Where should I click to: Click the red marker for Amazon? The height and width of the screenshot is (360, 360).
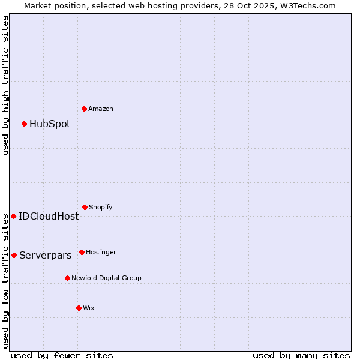point(84,109)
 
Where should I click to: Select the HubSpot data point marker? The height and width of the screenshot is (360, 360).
point(24,124)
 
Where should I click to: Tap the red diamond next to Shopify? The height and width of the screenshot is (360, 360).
point(85,207)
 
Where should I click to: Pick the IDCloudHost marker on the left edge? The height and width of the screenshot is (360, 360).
point(13,216)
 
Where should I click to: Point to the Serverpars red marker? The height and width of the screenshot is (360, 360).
point(14,255)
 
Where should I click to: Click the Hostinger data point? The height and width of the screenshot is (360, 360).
point(82,252)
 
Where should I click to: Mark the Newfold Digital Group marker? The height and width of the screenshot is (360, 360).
point(67,278)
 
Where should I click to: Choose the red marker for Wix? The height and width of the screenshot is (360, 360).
point(79,308)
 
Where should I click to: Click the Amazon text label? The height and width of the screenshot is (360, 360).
point(101,109)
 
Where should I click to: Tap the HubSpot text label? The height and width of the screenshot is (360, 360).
point(50,124)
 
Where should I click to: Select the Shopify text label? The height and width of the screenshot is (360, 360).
point(101,207)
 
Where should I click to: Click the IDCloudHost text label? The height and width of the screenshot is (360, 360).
point(49,217)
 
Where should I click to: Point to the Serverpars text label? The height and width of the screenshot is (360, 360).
point(46,256)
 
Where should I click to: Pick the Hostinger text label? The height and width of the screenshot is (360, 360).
point(101,252)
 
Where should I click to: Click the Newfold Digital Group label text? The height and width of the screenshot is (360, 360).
point(106,278)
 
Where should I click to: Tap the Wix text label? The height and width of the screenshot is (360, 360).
point(89,308)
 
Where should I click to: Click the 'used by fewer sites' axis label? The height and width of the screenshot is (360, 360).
point(62,355)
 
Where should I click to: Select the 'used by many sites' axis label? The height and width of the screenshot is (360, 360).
point(301,355)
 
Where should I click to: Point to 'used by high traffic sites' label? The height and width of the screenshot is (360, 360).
point(5,85)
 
